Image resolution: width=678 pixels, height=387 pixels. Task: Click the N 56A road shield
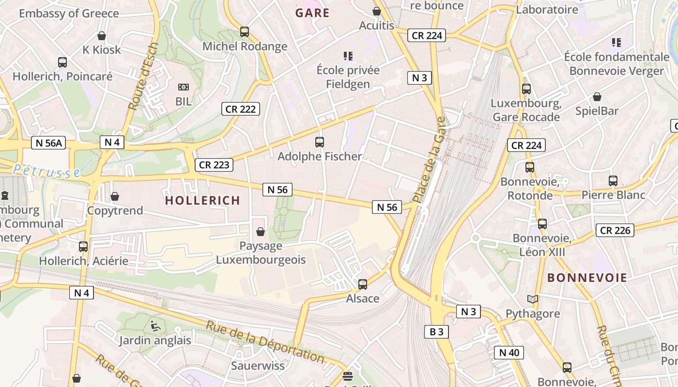pos(48,143)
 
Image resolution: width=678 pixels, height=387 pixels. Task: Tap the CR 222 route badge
pos(241,109)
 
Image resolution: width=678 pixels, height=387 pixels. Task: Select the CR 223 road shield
pos(214,165)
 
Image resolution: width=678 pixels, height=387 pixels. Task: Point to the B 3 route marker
pos(436,331)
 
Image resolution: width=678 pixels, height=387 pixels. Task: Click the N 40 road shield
pos(508,353)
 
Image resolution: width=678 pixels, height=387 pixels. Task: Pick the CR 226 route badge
pos(615,230)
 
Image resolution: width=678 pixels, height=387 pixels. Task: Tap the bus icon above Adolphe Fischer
pos(320,142)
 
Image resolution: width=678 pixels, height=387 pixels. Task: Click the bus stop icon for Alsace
pos(363,284)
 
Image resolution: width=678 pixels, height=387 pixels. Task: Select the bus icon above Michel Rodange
pos(245,32)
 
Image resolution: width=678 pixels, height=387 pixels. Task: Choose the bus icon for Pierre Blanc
pos(613,181)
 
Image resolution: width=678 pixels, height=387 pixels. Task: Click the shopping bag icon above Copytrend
pos(115,196)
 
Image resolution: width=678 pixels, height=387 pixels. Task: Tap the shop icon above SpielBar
pos(597,97)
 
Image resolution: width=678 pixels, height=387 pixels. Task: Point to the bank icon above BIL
pos(184,87)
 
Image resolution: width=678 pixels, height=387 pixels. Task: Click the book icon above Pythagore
pos(533,299)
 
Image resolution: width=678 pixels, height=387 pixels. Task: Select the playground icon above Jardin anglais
pos(155,326)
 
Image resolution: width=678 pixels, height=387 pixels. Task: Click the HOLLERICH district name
pos(202,200)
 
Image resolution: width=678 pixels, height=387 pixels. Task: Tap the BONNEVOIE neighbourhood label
pos(587,278)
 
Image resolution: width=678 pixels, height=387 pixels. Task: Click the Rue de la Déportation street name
pos(265,342)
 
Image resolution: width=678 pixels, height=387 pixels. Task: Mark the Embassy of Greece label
pos(69,13)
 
